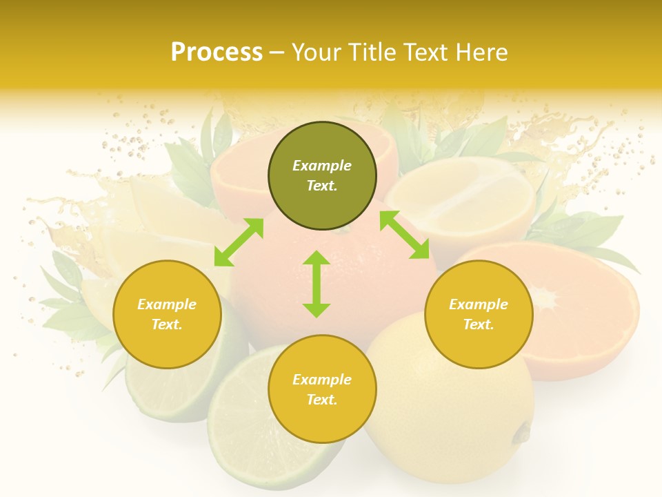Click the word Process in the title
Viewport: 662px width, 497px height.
pos(217,52)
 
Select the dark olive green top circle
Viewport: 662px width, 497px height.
pos(322,176)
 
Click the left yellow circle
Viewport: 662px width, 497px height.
pos(167,314)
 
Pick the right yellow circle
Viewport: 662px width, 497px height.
pos(479,314)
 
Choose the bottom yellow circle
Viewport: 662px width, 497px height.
pos(322,389)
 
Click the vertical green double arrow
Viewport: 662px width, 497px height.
pos(317,284)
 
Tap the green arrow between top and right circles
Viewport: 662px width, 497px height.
pos(404,235)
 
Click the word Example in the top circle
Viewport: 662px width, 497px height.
pos(322,166)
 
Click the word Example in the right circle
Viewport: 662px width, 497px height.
pos(479,304)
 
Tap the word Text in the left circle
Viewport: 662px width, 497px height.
pos(166,324)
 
